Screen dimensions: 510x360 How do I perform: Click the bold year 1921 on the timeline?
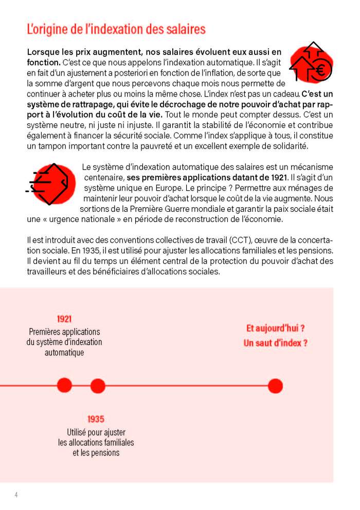coord(64,319)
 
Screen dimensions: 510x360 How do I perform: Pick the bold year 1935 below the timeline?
coord(96,420)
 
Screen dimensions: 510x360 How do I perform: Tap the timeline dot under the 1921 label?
coord(64,385)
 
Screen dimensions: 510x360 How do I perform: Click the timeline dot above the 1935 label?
coord(98,385)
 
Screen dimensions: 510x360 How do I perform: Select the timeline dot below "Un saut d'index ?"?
coord(275,385)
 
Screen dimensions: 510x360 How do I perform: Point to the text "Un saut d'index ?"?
coord(275,343)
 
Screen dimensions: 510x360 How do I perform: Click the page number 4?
coord(16,495)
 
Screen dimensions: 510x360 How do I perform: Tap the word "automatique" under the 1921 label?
coord(64,353)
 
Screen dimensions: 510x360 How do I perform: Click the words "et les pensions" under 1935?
coord(96,452)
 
